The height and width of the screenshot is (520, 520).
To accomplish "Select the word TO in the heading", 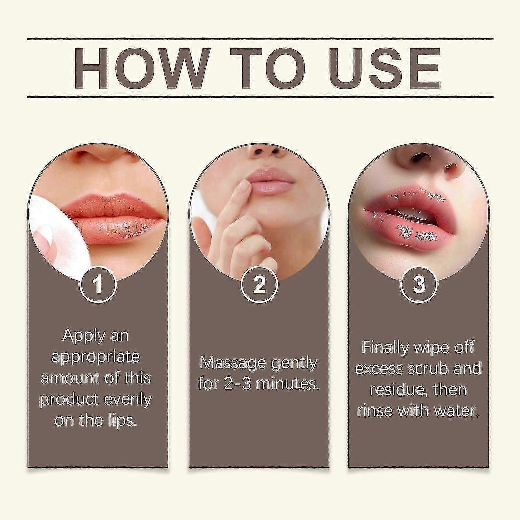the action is pos(268,69).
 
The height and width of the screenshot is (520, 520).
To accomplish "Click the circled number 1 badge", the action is pos(97,285).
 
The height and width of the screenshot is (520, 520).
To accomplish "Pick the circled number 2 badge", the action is pos(259,285).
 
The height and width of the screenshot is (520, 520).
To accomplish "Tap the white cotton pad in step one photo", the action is pos(52,234).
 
